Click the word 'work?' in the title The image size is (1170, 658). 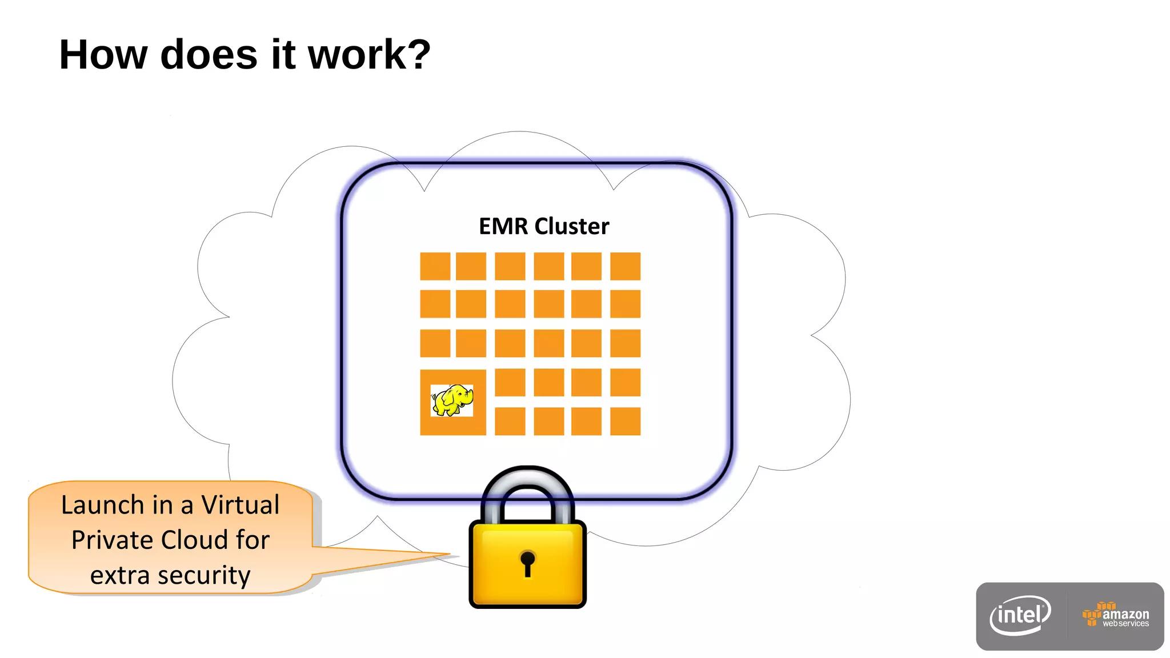[369, 55]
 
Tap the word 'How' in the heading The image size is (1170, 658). [103, 55]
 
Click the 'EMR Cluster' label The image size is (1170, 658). [543, 226]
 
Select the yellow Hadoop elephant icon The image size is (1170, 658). [452, 400]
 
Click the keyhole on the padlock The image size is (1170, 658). [527, 563]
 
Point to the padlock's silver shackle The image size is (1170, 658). [527, 486]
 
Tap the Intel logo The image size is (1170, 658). [1020, 616]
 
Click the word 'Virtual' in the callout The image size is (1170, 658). [241, 505]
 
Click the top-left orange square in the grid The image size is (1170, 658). [435, 266]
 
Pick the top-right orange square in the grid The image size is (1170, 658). [625, 266]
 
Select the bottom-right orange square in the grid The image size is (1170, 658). [625, 421]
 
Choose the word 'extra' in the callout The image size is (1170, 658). [121, 575]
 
